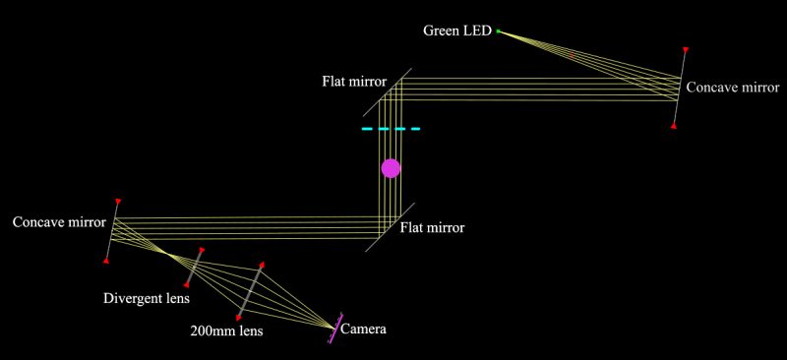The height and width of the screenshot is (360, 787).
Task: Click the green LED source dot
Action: pyautogui.click(x=498, y=31)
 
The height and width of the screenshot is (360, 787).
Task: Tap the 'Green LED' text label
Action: pyautogui.click(x=456, y=30)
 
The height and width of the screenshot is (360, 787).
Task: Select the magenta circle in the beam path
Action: pyautogui.click(x=392, y=167)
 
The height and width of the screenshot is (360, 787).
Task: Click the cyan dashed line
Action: pyautogui.click(x=391, y=129)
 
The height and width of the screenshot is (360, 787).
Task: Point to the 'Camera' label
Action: pyautogui.click(x=362, y=330)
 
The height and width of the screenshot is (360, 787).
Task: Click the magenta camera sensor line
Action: pyautogui.click(x=333, y=329)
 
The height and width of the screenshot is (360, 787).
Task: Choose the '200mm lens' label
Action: pyautogui.click(x=227, y=331)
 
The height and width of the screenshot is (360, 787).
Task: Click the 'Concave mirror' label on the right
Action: pyautogui.click(x=733, y=88)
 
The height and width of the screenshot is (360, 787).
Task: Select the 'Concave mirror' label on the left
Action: pyautogui.click(x=59, y=221)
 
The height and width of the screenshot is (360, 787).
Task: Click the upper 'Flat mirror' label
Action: pyautogui.click(x=353, y=81)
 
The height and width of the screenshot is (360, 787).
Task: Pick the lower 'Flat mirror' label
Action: pyautogui.click(x=433, y=227)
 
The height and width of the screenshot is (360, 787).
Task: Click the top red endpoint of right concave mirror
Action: pyautogui.click(x=685, y=49)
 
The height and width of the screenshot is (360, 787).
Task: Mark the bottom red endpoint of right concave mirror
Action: pyautogui.click(x=673, y=125)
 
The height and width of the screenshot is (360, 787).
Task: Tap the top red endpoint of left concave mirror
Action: pyautogui.click(x=118, y=202)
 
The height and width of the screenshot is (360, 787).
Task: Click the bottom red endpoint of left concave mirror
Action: pyautogui.click(x=106, y=260)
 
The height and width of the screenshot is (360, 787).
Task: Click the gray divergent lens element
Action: pyautogui.click(x=194, y=268)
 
